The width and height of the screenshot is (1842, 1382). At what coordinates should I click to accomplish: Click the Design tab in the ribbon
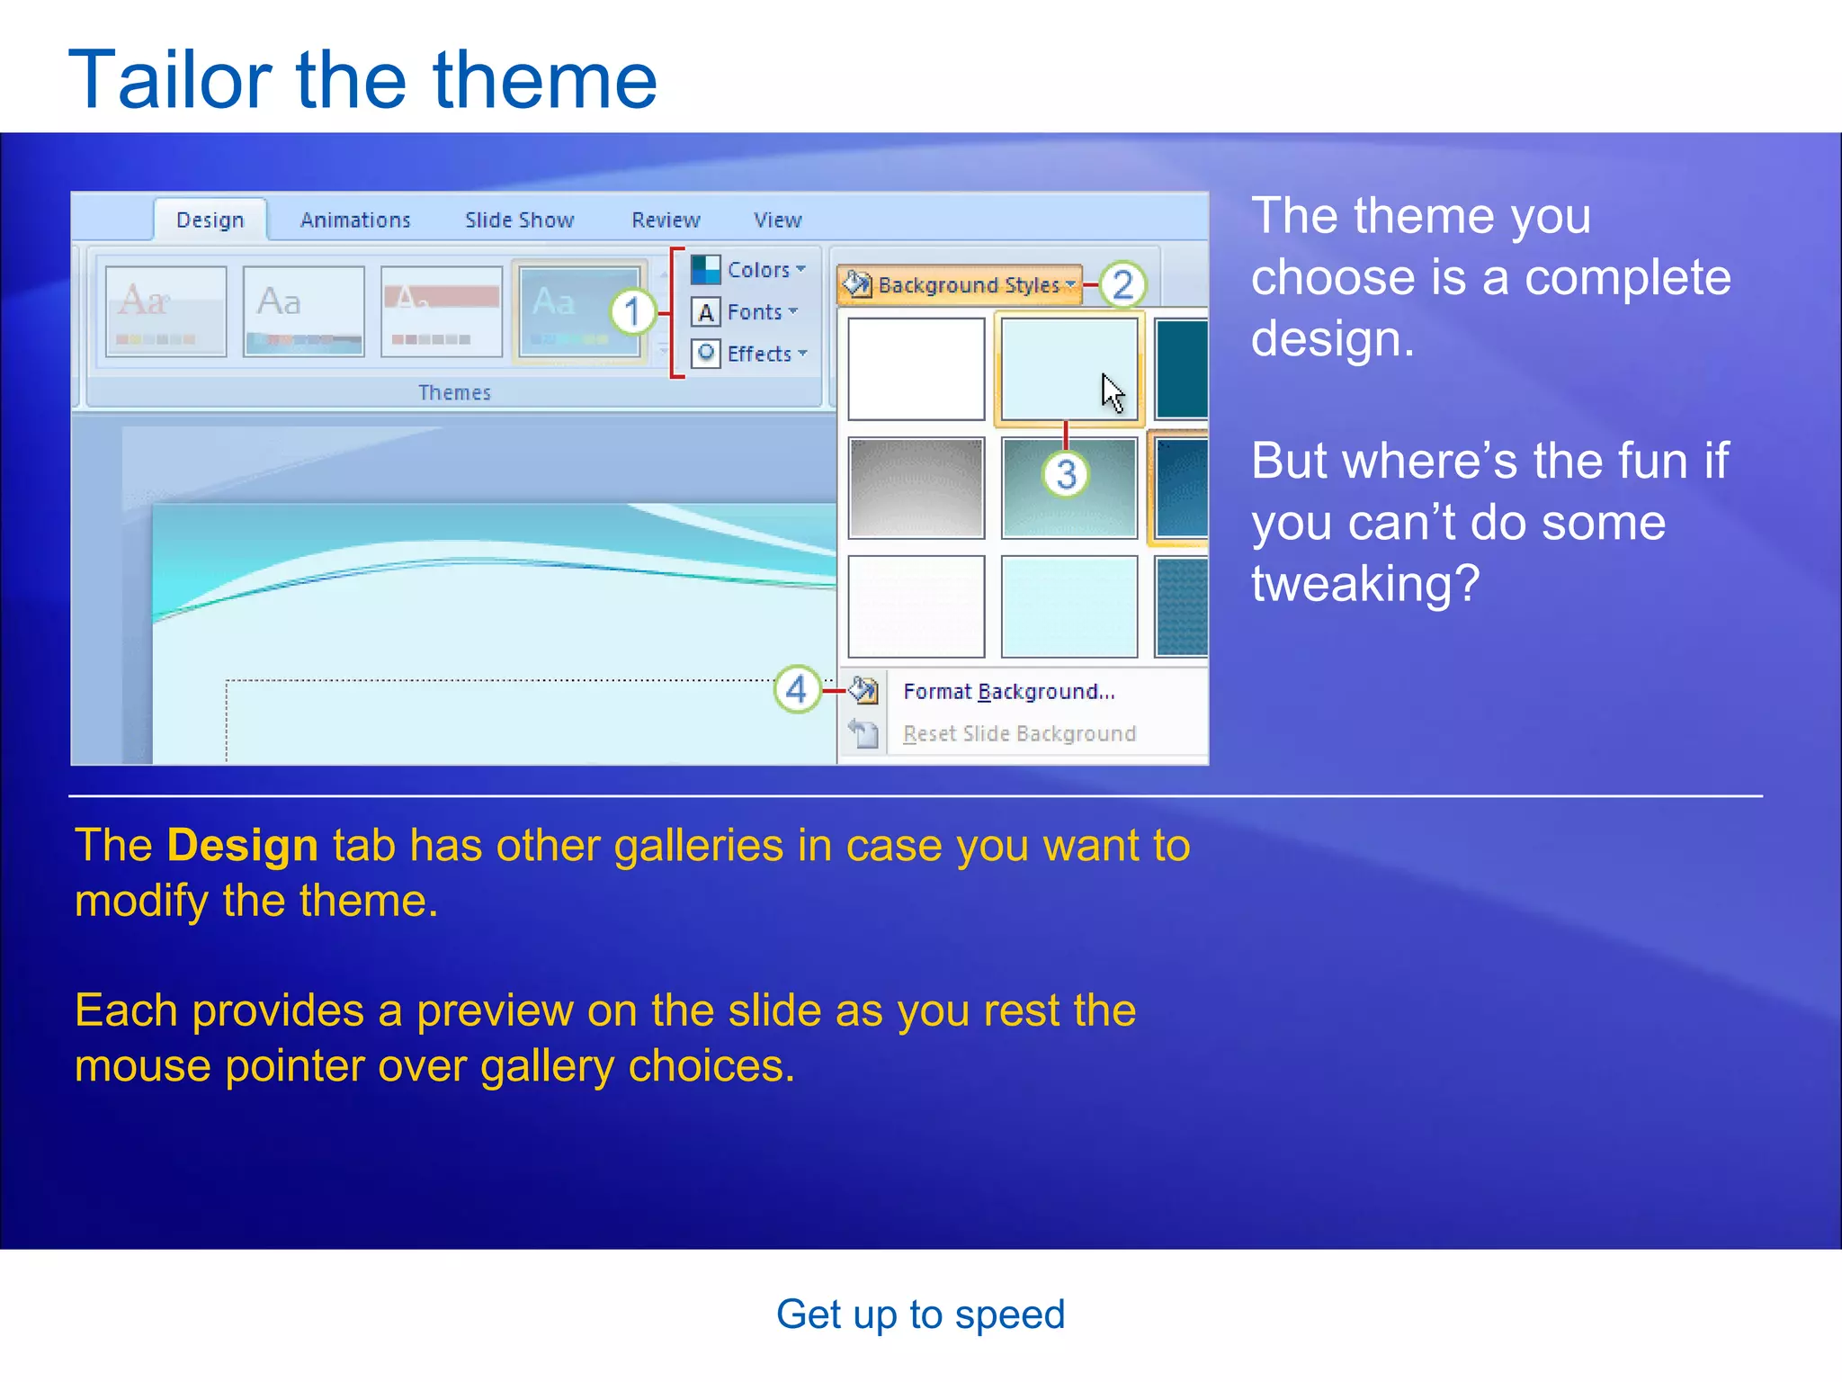(210, 220)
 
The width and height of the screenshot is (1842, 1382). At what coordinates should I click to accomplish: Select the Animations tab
(355, 220)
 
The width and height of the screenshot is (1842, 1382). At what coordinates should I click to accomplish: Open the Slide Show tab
(519, 220)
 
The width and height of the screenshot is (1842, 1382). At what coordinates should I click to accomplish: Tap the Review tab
(666, 220)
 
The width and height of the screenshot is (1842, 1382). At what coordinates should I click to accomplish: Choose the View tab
(777, 220)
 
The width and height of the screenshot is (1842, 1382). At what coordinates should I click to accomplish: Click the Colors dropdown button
(749, 269)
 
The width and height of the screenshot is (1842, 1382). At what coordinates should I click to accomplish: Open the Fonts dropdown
(746, 311)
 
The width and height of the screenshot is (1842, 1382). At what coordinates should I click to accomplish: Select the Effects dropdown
(750, 354)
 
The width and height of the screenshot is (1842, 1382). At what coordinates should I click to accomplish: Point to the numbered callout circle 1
(633, 312)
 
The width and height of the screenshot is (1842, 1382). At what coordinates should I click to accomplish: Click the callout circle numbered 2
(1122, 285)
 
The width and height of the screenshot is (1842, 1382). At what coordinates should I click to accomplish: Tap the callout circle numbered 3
(1066, 474)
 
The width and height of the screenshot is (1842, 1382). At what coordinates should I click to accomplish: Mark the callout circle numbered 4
(797, 690)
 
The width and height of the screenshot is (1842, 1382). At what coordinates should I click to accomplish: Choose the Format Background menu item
(1008, 691)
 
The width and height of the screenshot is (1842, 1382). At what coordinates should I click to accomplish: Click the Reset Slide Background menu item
(1019, 733)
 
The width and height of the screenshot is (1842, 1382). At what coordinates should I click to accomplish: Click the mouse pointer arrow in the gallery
(1113, 393)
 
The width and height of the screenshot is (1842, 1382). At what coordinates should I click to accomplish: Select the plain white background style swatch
(916, 369)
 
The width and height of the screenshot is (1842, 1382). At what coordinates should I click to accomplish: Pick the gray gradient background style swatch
(916, 488)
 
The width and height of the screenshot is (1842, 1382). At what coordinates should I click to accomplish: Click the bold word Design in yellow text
(243, 846)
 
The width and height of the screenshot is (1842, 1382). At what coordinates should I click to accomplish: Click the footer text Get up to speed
(920, 1315)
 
